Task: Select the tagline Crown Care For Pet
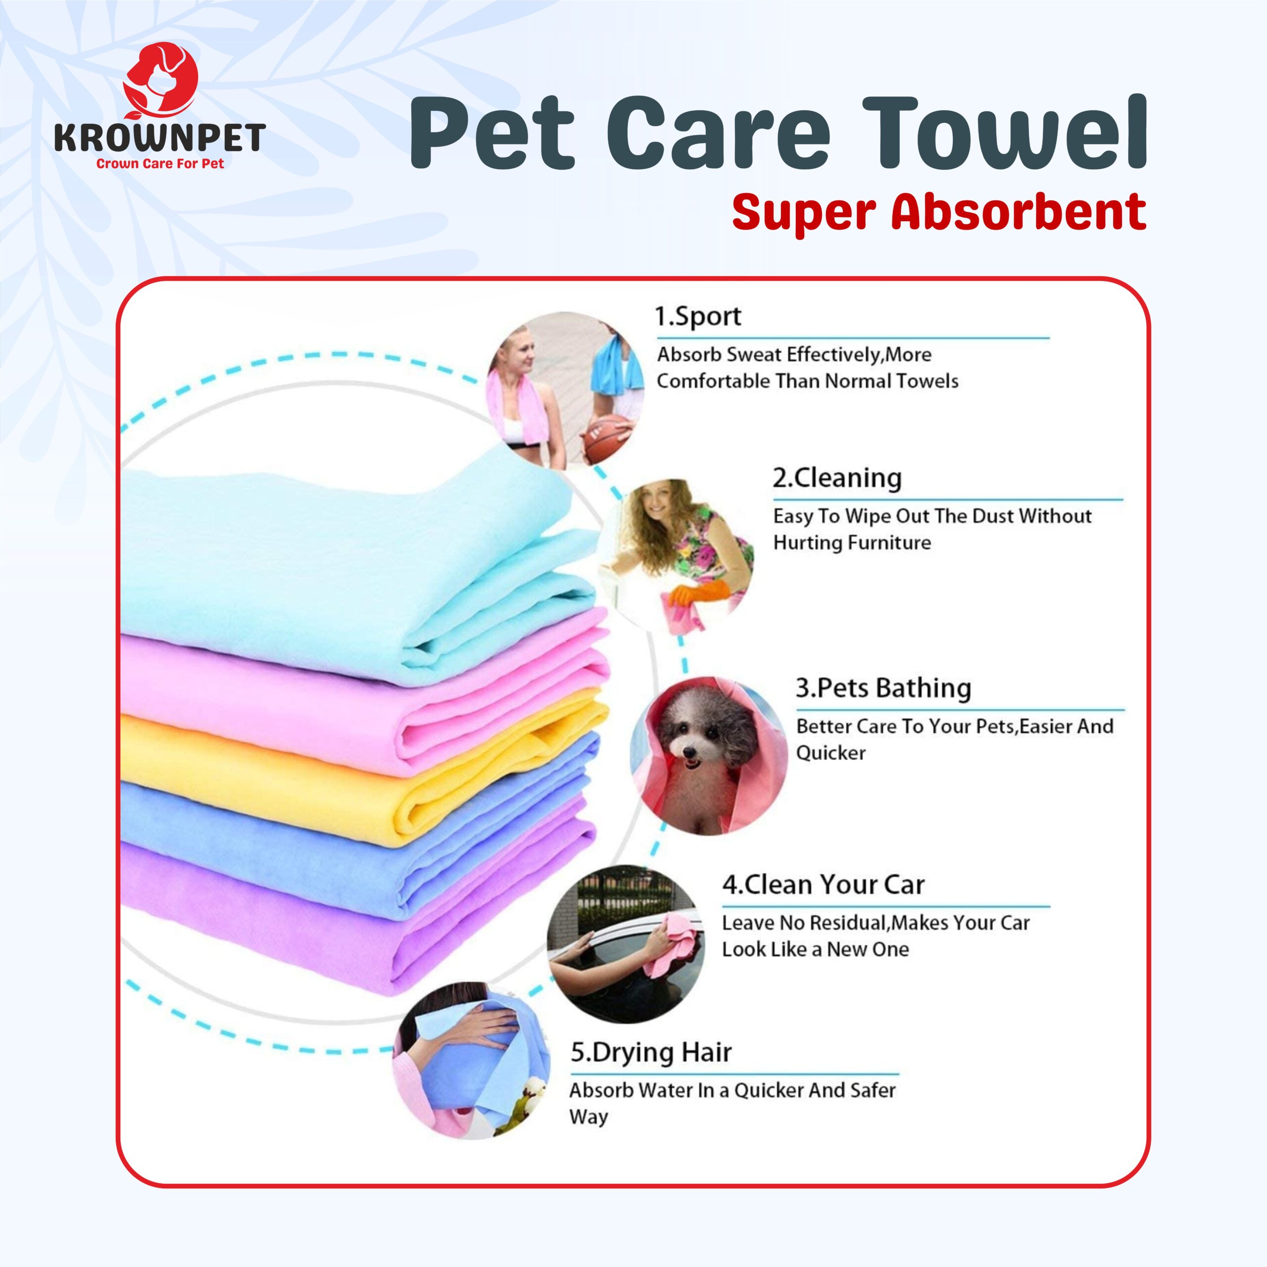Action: click(160, 163)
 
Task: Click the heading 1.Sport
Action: click(698, 316)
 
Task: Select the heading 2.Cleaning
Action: click(837, 478)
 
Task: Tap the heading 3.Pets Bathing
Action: click(883, 688)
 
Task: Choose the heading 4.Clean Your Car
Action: click(823, 884)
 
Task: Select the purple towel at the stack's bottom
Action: click(341, 918)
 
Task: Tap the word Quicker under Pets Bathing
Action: click(830, 752)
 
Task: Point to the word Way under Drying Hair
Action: click(588, 1117)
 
